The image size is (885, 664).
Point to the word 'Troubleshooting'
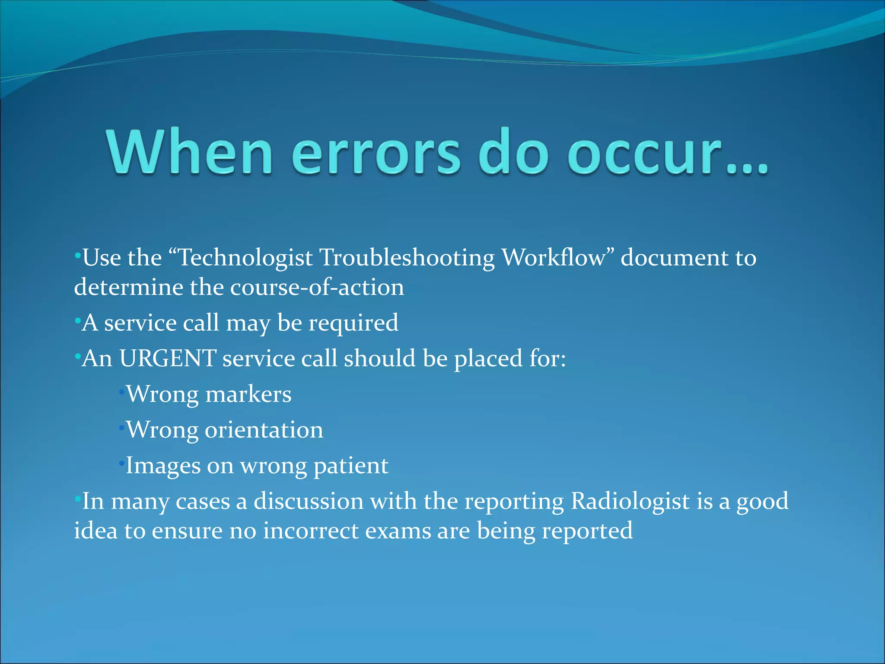407,258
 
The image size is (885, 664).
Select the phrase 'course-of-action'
317,287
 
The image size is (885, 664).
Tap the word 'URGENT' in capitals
168,358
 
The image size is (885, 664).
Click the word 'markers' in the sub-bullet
248,395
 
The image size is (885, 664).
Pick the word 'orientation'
264,431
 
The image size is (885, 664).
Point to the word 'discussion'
309,501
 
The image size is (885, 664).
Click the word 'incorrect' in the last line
311,531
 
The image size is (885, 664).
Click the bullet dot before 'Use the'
77,256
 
